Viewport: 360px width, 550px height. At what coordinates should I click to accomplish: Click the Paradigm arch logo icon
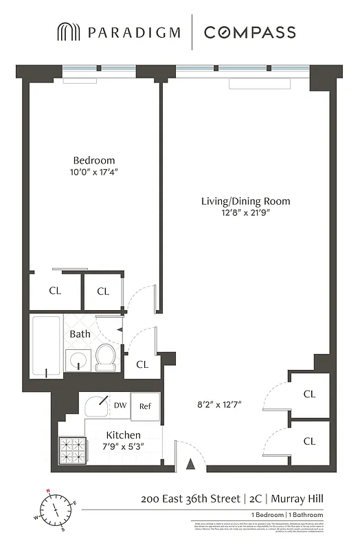[67, 32]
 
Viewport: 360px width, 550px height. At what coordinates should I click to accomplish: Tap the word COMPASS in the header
[249, 32]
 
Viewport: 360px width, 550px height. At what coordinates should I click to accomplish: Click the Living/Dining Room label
[245, 201]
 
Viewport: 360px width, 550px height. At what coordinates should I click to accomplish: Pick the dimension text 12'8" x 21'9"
[245, 213]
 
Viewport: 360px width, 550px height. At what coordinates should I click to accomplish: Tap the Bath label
[80, 334]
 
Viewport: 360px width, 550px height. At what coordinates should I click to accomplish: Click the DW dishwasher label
[120, 406]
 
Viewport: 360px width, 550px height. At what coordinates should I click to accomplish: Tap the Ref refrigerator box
[145, 406]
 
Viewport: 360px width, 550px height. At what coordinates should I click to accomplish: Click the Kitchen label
[123, 435]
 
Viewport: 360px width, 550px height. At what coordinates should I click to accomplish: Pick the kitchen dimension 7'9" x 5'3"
[123, 447]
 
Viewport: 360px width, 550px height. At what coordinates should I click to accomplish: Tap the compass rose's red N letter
[48, 491]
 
